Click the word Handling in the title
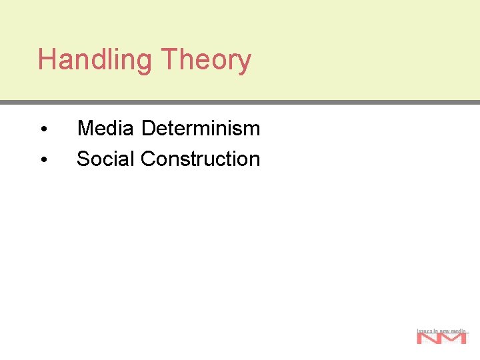click(95, 60)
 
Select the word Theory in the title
click(205, 60)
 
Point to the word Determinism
click(201, 127)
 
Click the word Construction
click(200, 159)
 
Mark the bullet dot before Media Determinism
click(43, 129)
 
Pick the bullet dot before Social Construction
click(43, 160)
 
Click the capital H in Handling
click(46, 60)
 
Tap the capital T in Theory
click(169, 60)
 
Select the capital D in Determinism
click(149, 127)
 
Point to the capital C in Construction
click(148, 159)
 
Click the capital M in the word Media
click(85, 127)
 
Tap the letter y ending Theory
click(245, 63)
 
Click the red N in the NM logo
click(429, 339)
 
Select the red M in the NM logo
click(454, 339)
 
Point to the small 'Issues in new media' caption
click(441, 330)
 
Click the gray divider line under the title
click(240, 103)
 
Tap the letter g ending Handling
click(145, 63)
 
